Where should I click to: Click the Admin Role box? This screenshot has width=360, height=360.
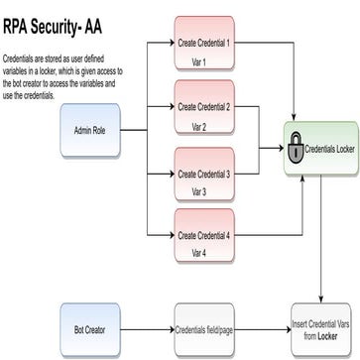pos(90,130)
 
